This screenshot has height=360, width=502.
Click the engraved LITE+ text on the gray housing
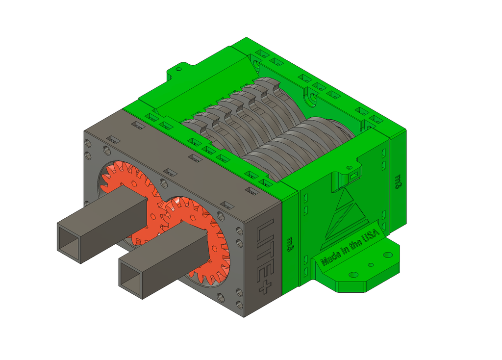coord(265,256)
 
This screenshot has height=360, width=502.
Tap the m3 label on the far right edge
coord(398,181)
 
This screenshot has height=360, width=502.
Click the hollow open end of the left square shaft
coord(69,239)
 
